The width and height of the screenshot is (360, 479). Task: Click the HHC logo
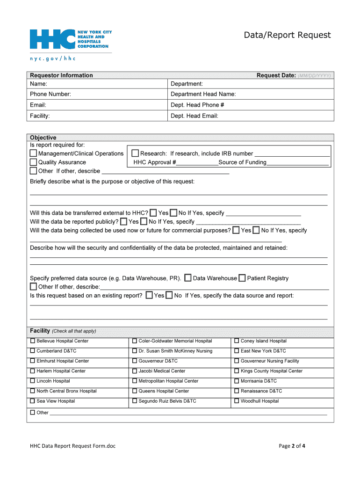coord(70,39)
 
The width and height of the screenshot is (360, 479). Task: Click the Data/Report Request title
coord(287,35)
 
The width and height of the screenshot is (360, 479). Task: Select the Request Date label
coord(276,75)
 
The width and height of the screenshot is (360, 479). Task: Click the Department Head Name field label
coord(203,94)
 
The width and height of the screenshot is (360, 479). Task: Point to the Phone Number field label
coord(50,94)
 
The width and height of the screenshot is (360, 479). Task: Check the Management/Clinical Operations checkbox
coord(33,153)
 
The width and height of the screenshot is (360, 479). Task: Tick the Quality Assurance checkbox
coord(33,162)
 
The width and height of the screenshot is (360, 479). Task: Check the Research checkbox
coord(135,153)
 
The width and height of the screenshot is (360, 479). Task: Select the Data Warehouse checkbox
coord(188,278)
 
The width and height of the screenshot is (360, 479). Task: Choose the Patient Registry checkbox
coord(242,278)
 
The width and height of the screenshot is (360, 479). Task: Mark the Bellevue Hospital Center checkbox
coord(33,341)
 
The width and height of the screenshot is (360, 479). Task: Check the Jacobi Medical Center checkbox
coord(135,371)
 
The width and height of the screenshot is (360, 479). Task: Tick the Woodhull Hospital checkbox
coord(237,401)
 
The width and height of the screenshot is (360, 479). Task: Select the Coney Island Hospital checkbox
coord(237,341)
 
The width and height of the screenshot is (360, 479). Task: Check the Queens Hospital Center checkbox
coord(135,391)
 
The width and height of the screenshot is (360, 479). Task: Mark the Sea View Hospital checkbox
coord(33,401)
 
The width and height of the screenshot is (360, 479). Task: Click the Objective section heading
coord(43,138)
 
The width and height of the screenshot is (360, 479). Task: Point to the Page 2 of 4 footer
coord(292,446)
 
